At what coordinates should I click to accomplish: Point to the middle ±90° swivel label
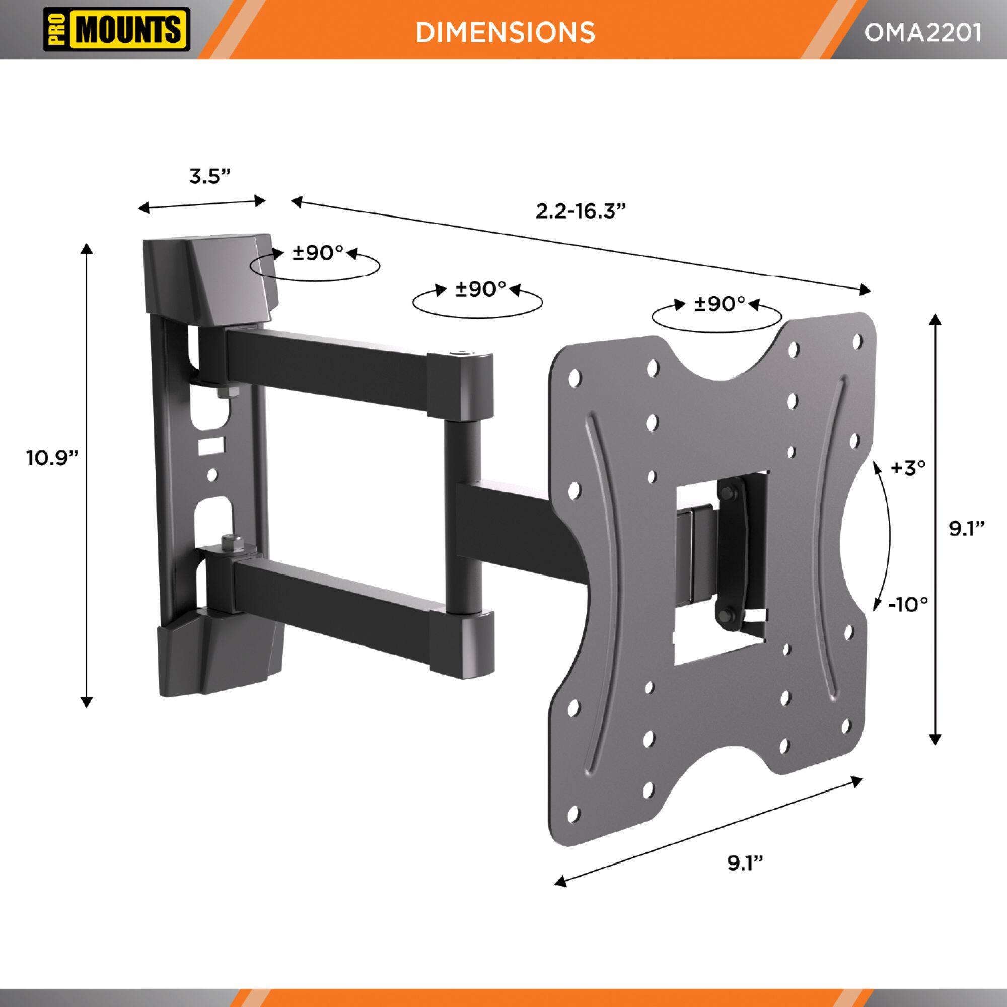(480, 290)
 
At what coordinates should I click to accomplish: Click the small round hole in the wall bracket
(212, 474)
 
